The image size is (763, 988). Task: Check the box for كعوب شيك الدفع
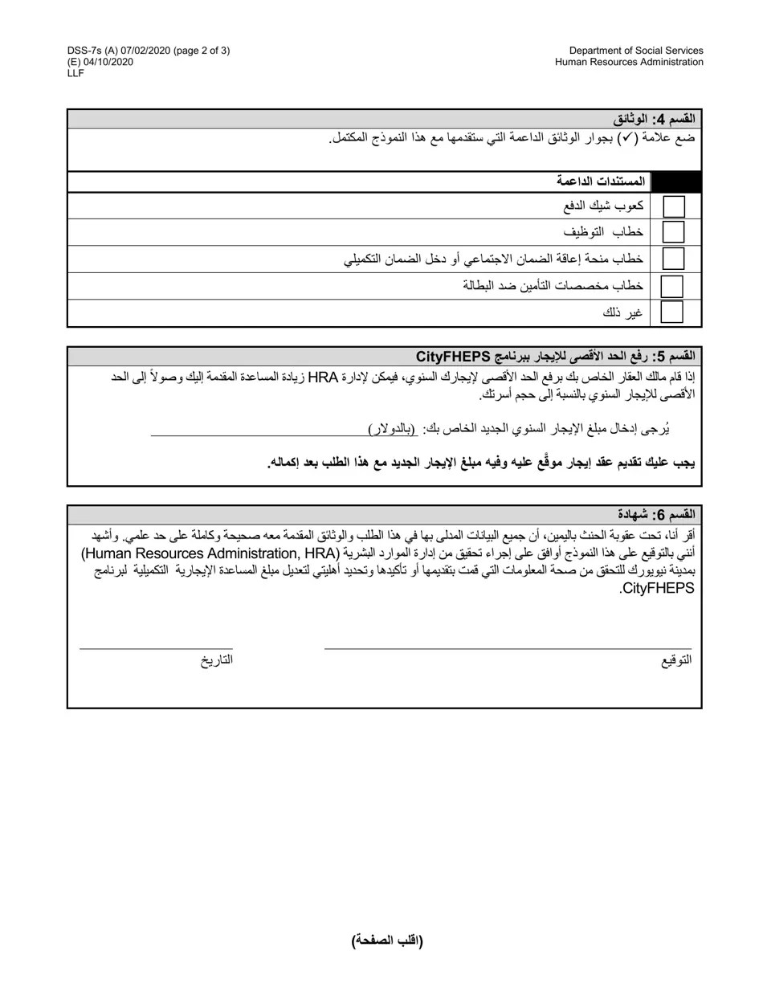click(674, 206)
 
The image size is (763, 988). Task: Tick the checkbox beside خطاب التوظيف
click(674, 232)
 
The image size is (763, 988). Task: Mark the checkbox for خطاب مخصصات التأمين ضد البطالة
click(671, 286)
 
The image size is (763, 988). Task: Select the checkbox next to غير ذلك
click(671, 312)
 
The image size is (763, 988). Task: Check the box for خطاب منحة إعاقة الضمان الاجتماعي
click(674, 259)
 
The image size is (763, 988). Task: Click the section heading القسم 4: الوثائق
click(654, 119)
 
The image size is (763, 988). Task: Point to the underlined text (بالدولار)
click(393, 430)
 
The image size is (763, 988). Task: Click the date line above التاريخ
click(156, 647)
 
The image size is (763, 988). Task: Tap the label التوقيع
click(676, 660)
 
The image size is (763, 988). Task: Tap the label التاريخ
click(217, 660)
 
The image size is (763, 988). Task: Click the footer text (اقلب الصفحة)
click(387, 941)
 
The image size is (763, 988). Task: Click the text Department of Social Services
click(636, 51)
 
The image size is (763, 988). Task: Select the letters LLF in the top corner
click(75, 73)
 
